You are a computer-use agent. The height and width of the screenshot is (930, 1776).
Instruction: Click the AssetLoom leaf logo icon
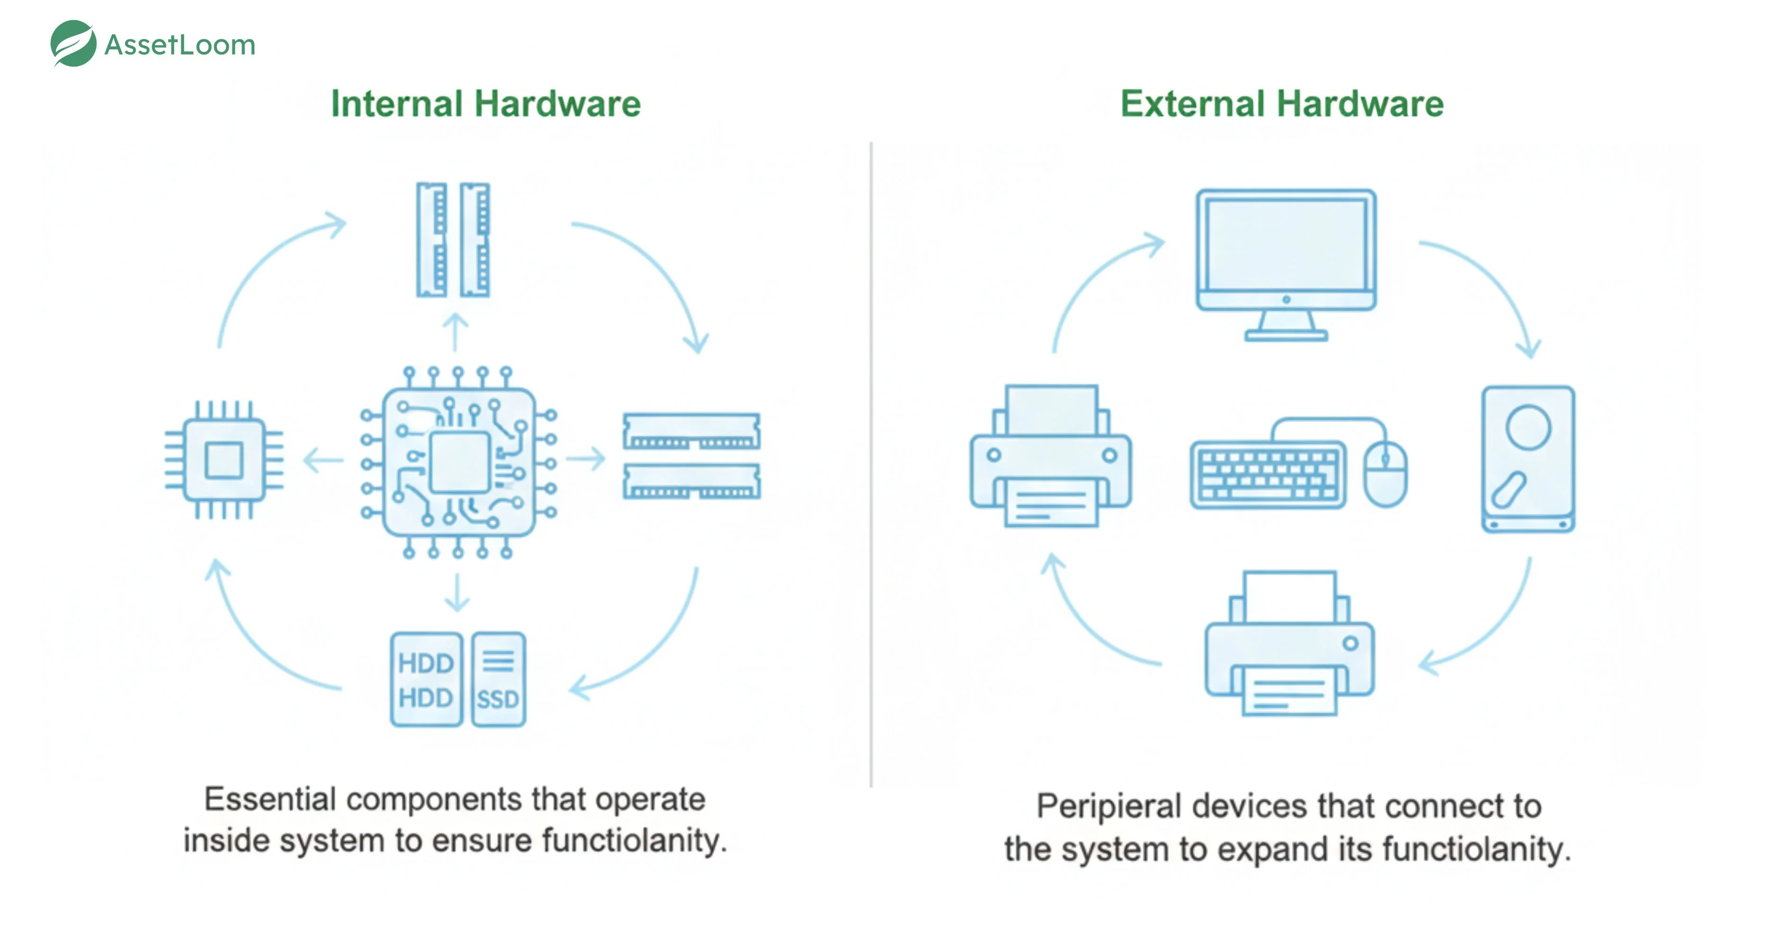[73, 44]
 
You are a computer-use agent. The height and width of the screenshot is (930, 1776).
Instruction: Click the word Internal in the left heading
[396, 104]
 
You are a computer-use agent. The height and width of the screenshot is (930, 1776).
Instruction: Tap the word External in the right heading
[1192, 104]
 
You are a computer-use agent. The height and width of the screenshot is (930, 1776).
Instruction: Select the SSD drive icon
[499, 679]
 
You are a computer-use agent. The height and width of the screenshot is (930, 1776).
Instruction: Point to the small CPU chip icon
[224, 460]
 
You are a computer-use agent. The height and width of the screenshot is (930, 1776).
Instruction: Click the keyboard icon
[1267, 475]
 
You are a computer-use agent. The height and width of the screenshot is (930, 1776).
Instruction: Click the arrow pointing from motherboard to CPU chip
[323, 460]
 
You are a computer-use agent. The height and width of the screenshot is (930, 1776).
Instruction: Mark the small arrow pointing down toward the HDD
[457, 593]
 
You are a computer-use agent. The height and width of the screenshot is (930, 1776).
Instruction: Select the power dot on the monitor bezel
[1286, 299]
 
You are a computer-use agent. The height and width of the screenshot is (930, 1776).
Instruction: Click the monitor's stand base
[1286, 336]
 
